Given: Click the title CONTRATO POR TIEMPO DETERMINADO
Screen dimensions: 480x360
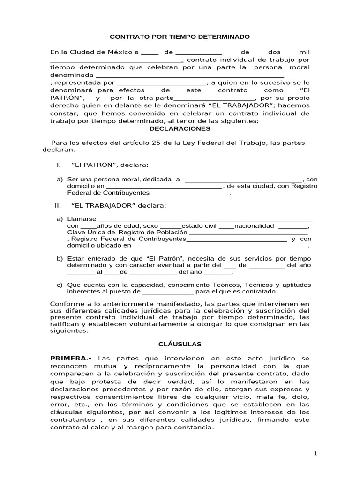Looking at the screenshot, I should [180, 37].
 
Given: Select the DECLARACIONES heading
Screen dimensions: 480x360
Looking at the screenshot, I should [180, 128].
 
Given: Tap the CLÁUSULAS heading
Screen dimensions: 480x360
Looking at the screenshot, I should [180, 344].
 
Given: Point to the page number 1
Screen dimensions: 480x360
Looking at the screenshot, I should [315, 453].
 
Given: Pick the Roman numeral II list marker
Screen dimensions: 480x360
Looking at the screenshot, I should [58, 205].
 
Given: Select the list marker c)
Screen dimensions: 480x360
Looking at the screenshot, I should [60, 285].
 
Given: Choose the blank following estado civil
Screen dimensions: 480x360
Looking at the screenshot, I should [226, 225].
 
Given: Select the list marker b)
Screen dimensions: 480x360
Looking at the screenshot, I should [60, 259].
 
